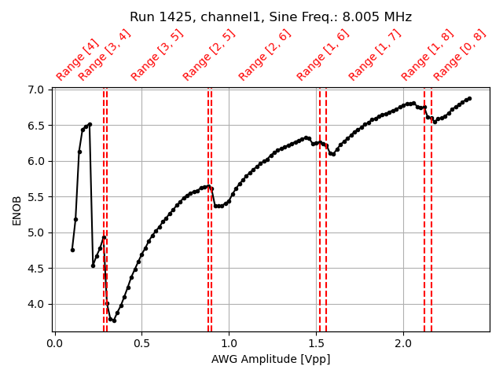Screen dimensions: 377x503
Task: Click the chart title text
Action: (270, 17)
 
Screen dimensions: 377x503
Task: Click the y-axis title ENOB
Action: (17, 210)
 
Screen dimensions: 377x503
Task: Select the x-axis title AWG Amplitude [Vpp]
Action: (270, 359)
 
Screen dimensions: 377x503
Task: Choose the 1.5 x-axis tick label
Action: (316, 343)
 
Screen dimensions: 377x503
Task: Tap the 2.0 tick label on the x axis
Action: (403, 343)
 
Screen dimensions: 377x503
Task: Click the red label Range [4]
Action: (77, 60)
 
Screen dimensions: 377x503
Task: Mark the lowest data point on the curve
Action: (114, 320)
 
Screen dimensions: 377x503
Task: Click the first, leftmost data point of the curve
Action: (72, 250)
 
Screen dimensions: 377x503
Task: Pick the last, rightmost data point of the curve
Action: (469, 98)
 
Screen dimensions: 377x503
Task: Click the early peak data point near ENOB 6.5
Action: (90, 124)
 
